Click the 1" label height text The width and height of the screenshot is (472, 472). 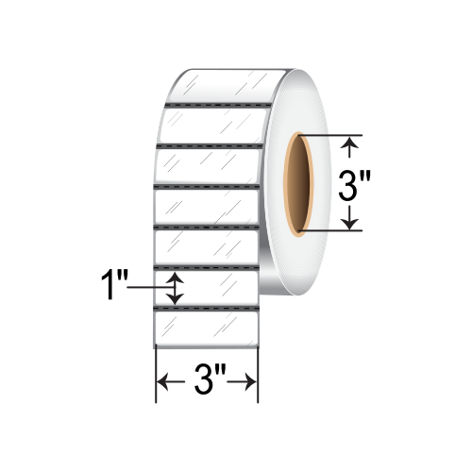click(114, 285)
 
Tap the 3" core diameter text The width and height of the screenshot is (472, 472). click(354, 185)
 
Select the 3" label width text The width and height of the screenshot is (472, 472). click(210, 379)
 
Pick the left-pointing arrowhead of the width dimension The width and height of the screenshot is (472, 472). click(162, 382)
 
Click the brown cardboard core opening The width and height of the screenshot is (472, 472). click(297, 184)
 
